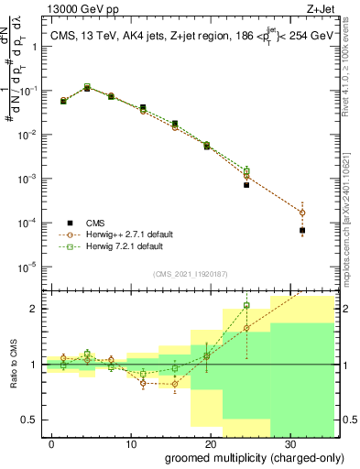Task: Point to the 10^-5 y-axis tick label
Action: click(31, 267)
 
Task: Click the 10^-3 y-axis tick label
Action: click(31, 179)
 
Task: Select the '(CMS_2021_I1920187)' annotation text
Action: click(191, 272)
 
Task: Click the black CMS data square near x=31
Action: click(302, 231)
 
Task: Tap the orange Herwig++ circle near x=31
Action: click(302, 213)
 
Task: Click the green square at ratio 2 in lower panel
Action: click(246, 306)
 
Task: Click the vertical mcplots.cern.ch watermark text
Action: click(350, 211)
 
